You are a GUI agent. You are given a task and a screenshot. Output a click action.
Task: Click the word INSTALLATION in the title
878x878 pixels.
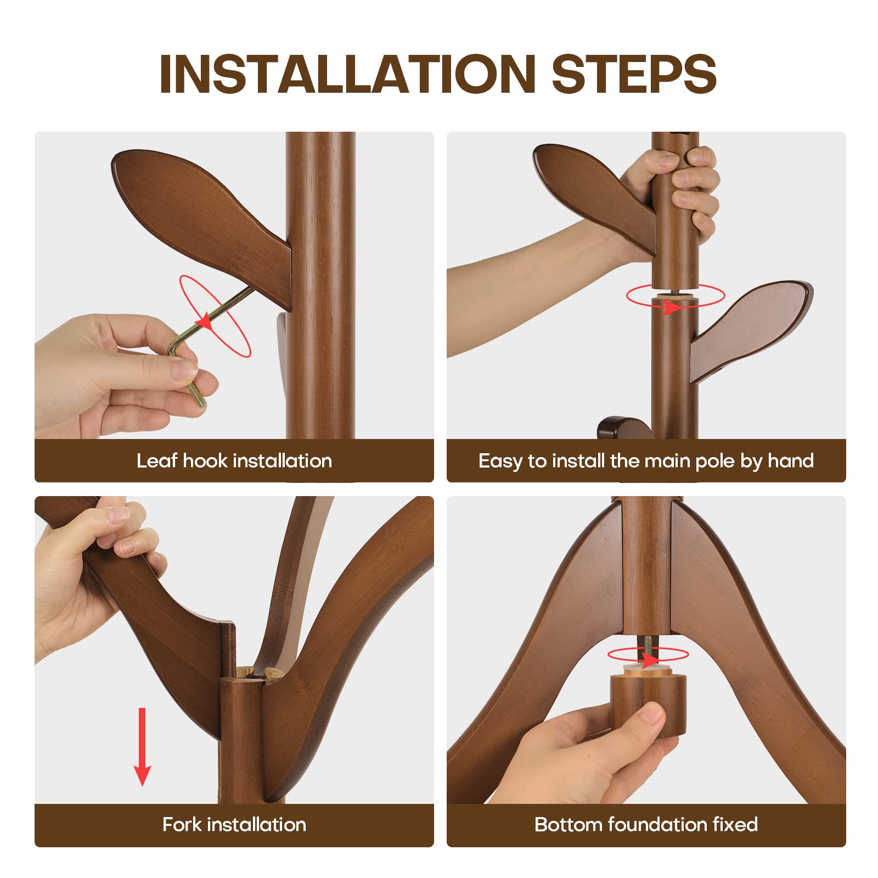tap(347, 74)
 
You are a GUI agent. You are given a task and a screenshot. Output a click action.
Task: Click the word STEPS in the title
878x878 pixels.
tap(634, 74)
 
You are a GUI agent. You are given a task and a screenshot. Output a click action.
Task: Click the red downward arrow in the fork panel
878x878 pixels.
tap(143, 746)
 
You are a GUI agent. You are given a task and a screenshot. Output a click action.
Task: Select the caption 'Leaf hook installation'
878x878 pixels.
tap(234, 460)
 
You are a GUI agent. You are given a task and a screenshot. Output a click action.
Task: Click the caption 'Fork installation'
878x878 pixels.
tap(234, 824)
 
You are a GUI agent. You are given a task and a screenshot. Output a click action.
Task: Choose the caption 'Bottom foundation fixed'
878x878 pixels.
tap(646, 824)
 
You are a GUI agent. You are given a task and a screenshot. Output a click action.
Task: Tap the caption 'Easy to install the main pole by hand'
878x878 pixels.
tap(646, 461)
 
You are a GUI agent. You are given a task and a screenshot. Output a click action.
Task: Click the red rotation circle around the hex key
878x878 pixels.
tap(215, 316)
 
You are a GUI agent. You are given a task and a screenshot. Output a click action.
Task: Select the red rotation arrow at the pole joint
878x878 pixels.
tap(676, 297)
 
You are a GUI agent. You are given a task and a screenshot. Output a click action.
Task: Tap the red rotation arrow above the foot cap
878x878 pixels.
tap(648, 656)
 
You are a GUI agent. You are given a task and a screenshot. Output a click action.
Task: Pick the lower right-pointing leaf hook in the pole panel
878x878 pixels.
tap(752, 329)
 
